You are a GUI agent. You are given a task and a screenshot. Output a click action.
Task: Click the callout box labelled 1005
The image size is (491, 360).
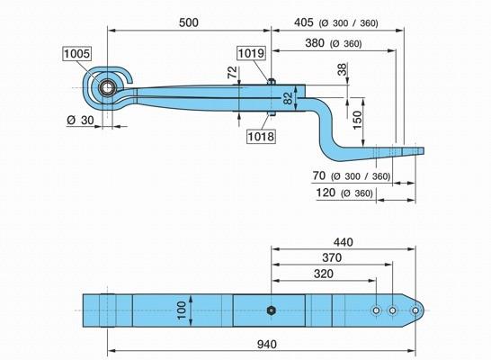(x=76, y=54)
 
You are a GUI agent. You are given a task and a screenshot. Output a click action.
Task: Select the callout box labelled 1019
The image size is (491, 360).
(x=252, y=53)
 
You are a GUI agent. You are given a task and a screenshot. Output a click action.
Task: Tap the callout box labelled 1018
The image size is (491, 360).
(x=261, y=136)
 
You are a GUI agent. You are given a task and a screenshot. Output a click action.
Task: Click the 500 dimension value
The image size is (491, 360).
(x=189, y=22)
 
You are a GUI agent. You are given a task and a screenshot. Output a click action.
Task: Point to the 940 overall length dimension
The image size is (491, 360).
(x=267, y=345)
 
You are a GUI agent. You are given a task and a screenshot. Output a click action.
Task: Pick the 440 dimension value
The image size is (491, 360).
(x=344, y=242)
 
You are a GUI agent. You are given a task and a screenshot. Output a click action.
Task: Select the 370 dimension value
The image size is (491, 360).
(x=332, y=258)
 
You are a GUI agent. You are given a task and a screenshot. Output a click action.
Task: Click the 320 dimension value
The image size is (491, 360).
(x=324, y=274)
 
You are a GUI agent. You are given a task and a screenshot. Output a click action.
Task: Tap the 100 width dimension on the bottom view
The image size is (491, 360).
(x=182, y=310)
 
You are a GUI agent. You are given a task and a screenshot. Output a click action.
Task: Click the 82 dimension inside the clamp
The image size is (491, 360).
(x=289, y=98)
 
